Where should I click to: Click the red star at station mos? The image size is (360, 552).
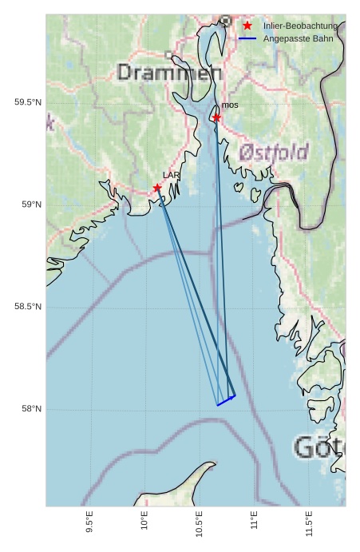[x=216, y=117]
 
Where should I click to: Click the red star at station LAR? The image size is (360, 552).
[x=157, y=188]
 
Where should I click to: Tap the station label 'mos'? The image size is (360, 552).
[x=230, y=105]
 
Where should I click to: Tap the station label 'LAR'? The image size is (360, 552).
[x=171, y=175]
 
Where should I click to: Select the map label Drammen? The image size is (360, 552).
[x=169, y=73]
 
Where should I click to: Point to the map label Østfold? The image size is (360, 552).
[x=273, y=152]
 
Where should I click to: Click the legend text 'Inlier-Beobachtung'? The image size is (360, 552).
[x=300, y=26]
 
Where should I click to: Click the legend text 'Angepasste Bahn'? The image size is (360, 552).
[x=298, y=39]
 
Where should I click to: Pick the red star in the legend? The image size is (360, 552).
[x=247, y=26]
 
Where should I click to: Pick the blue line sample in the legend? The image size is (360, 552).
[x=247, y=39]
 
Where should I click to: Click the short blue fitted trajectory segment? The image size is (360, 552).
[x=226, y=400]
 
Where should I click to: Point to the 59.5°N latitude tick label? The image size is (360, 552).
[x=27, y=102]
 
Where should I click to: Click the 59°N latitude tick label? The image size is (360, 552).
[x=31, y=205]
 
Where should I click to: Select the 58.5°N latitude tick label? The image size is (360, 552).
[x=27, y=307]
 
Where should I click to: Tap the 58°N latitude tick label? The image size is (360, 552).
[x=31, y=409]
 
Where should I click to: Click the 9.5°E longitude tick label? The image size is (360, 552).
[x=89, y=525]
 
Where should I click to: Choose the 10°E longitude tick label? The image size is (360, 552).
[x=144, y=523]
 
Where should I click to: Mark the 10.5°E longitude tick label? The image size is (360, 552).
[x=199, y=525]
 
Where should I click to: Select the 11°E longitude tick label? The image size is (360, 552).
[x=254, y=523]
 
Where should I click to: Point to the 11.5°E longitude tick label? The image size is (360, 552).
[x=309, y=525]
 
